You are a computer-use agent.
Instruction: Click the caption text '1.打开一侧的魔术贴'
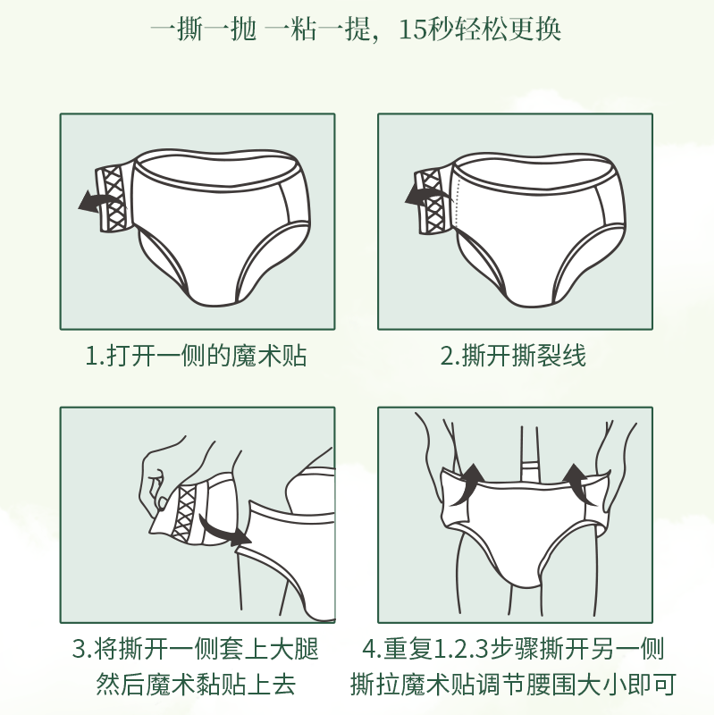tap(197, 356)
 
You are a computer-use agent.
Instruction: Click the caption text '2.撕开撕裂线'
tap(513, 356)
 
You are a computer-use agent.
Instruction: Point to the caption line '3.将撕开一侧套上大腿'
tap(196, 648)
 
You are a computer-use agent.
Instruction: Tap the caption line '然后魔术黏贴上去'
tap(196, 686)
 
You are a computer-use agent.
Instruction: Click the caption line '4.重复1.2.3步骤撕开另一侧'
tap(513, 648)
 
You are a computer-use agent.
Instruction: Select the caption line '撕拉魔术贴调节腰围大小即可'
tap(513, 686)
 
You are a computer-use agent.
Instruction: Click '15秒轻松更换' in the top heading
tap(480, 29)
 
